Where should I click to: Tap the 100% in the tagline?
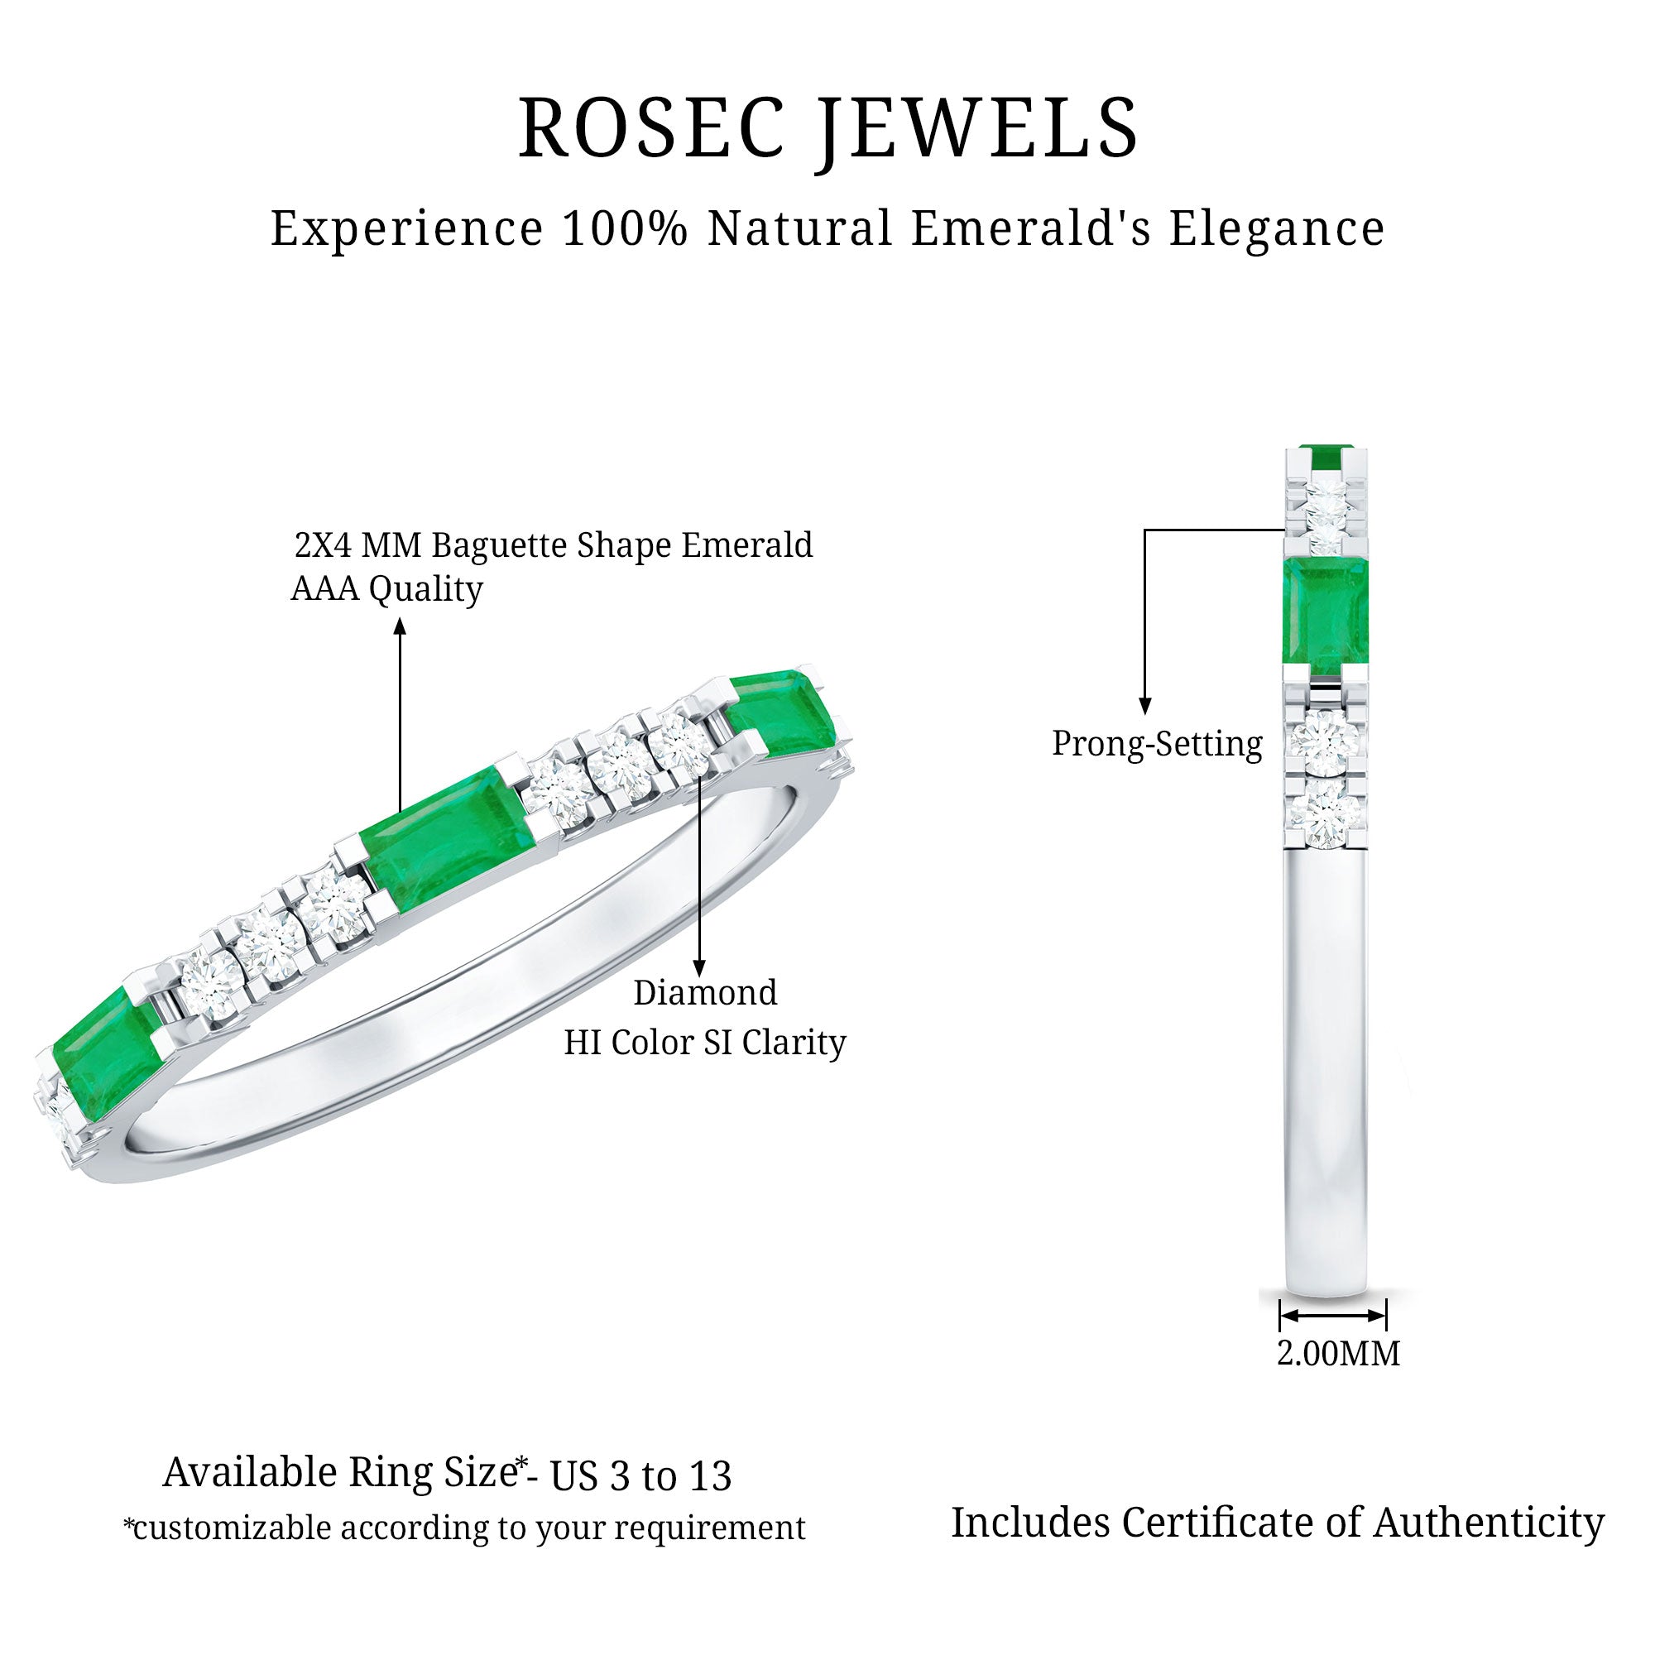(x=626, y=228)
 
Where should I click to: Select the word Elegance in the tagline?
(x=1277, y=229)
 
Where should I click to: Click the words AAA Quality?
(x=387, y=590)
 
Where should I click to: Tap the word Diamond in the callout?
(x=705, y=993)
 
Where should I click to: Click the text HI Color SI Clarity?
(x=705, y=1043)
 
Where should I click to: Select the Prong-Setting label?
(x=1158, y=745)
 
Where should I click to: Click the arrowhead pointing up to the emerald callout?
(x=399, y=627)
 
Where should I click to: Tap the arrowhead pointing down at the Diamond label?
(x=700, y=969)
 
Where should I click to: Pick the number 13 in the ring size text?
(x=708, y=1476)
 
